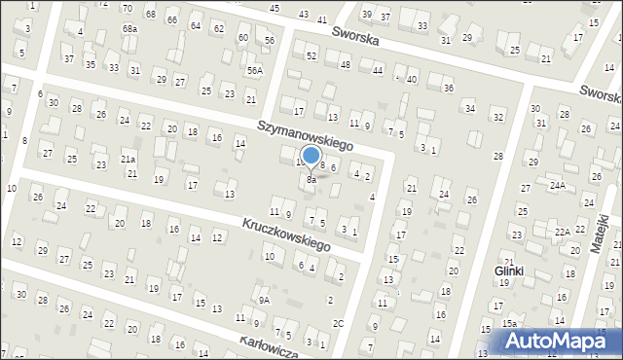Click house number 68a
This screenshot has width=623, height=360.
pos(129,29)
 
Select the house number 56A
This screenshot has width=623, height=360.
pos(254,70)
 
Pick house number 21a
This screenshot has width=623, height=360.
pos(128,159)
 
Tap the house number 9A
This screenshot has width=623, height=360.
pos(264,301)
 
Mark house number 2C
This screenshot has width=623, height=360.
pos(338,323)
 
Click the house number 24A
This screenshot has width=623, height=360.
pos(557,185)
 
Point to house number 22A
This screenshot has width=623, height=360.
pos(563,232)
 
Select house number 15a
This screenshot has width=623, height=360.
pos(509,323)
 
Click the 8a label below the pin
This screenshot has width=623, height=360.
pos(311,179)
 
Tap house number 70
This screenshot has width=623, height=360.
pos(128,8)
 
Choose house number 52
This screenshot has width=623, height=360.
pos(311,56)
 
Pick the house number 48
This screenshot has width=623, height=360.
pos(346,64)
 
